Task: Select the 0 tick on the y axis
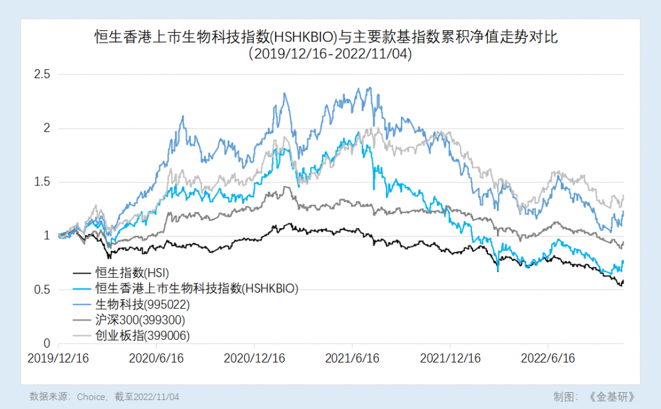[x=47, y=343]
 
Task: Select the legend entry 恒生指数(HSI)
[x=132, y=273]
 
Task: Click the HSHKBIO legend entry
[x=196, y=289]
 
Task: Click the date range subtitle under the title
[x=330, y=55]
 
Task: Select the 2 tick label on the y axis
[x=47, y=128]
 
